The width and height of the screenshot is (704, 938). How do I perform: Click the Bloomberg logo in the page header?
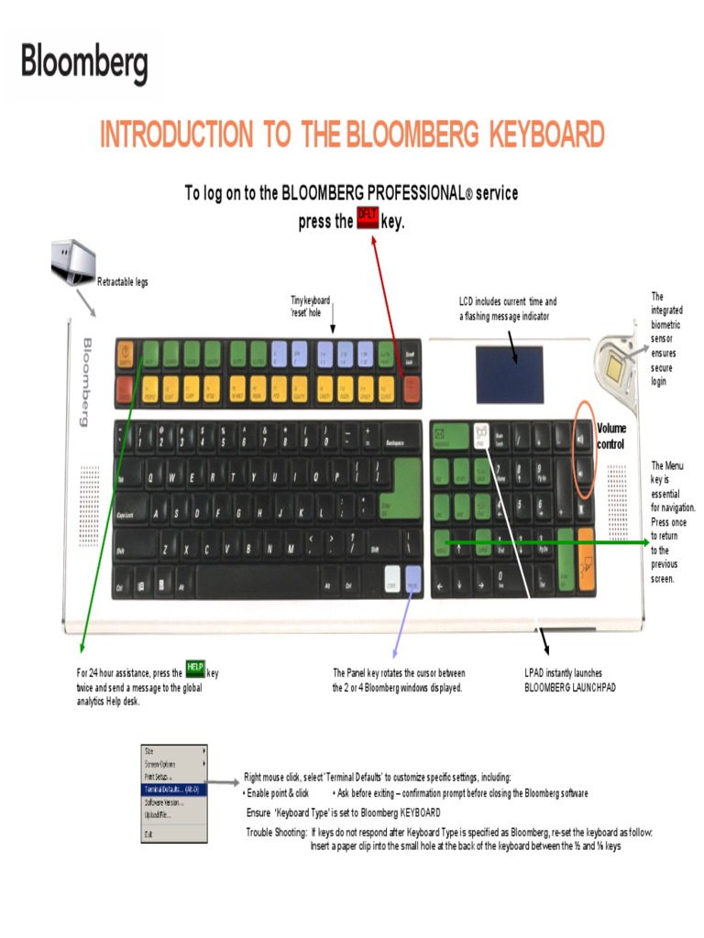pyautogui.click(x=84, y=64)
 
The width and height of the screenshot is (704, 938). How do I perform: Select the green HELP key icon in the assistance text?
pyautogui.click(x=195, y=671)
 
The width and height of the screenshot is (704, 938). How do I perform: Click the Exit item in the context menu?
pyautogui.click(x=148, y=834)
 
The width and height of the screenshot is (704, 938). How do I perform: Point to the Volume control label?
pyautogui.click(x=611, y=436)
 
